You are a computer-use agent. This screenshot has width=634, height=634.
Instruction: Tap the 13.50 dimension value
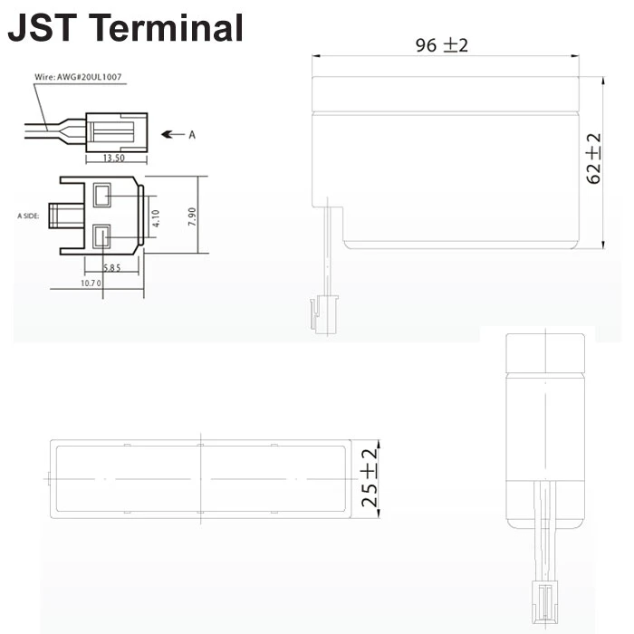(x=114, y=158)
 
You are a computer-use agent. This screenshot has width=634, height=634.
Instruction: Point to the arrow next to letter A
(x=172, y=134)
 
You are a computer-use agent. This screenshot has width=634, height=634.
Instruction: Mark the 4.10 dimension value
(x=156, y=218)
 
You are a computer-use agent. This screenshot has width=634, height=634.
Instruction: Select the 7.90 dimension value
(x=192, y=218)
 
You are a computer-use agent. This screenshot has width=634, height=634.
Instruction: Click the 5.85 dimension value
(x=111, y=268)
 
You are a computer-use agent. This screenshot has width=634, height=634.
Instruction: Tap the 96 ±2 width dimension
(x=442, y=45)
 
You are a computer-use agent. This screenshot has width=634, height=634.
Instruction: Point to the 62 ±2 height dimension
(x=593, y=159)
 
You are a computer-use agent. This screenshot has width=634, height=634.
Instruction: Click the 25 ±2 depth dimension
(x=369, y=480)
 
